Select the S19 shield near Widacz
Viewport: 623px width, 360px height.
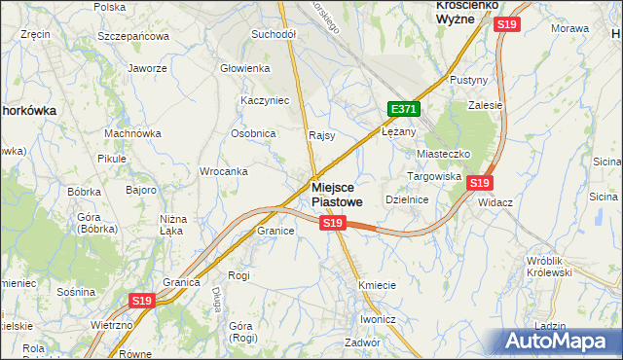tap(479, 182)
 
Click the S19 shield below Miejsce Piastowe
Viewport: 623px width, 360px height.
tap(333, 224)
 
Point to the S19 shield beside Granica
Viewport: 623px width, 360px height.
tap(142, 302)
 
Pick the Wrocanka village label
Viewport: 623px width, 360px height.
tap(223, 171)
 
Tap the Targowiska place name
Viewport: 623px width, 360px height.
tap(433, 177)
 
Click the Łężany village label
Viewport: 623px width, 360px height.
tap(399, 131)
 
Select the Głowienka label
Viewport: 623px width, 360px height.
tap(244, 68)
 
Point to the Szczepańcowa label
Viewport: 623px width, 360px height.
tap(133, 36)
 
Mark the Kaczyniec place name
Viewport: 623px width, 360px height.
tap(261, 100)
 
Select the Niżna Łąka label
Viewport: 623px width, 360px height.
tap(172, 226)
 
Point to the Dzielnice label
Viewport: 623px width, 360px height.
tap(408, 198)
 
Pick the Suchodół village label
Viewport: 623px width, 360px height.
tap(274, 33)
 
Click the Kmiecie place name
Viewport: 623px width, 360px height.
tap(377, 285)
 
